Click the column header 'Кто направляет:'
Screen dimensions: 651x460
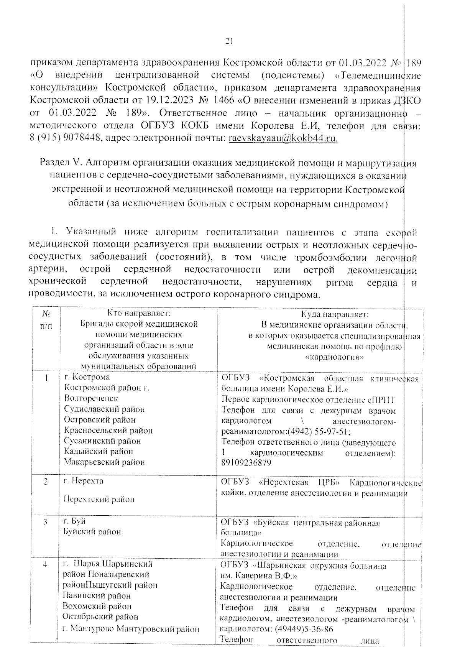[139, 313]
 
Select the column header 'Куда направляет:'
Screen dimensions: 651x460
[334, 314]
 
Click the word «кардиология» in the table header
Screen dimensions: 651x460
[334, 357]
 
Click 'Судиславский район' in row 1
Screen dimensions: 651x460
[104, 409]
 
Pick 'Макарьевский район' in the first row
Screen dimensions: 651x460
[104, 462]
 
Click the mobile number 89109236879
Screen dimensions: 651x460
[246, 463]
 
